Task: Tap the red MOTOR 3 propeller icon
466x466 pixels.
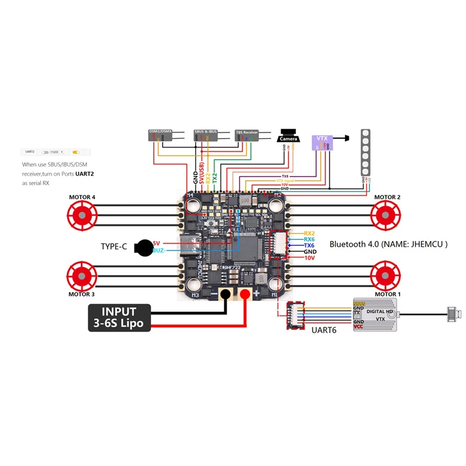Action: coord(82,274)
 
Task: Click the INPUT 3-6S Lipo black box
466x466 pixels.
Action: coord(119,317)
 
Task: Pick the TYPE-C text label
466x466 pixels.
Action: coord(114,247)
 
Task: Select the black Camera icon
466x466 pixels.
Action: coord(288,136)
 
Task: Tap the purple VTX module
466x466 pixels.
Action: coord(322,143)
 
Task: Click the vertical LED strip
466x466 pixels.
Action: coord(365,152)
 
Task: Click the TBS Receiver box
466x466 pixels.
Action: coord(246,135)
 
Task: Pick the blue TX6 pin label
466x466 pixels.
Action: coord(309,245)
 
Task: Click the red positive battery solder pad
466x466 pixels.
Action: coord(245,294)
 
